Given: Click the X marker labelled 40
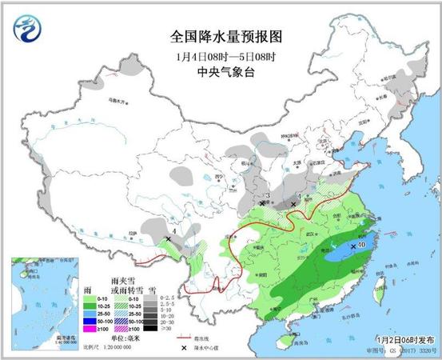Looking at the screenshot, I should point(352,246).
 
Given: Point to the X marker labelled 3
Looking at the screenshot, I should point(261,203).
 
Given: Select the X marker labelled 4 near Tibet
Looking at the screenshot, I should point(169,238).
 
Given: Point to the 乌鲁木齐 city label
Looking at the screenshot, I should point(117,102).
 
